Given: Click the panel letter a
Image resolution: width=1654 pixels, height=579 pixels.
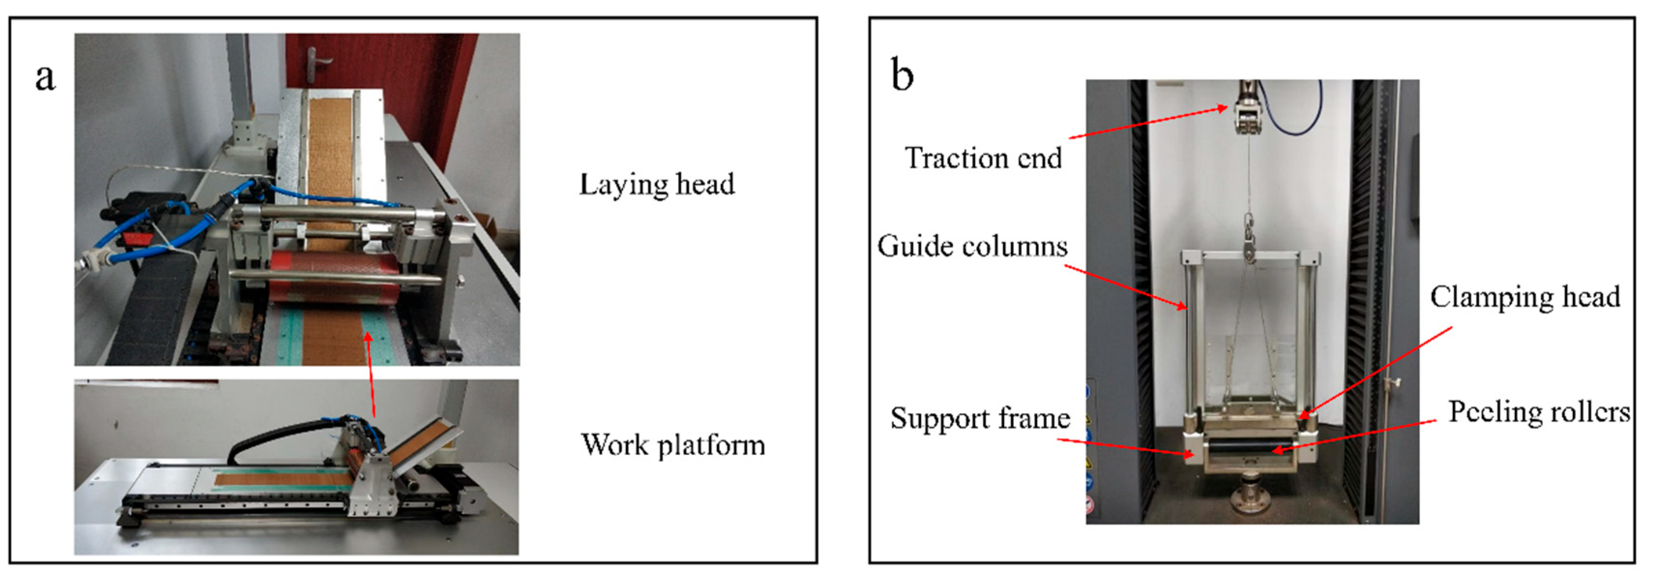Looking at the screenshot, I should point(45,78).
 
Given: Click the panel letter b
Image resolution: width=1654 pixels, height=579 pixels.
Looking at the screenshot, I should point(902,75).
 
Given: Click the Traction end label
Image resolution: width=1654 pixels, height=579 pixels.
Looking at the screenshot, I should point(983,158).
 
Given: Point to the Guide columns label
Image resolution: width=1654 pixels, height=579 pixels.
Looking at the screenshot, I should point(972,246).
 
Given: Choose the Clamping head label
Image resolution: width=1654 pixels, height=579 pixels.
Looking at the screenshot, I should point(1525,297).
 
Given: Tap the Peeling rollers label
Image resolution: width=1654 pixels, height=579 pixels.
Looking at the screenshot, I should point(1538,412).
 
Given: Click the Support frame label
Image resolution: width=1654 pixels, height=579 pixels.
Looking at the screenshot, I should point(980,418).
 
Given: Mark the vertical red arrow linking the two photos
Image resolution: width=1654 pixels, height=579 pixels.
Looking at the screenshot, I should point(370,376).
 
